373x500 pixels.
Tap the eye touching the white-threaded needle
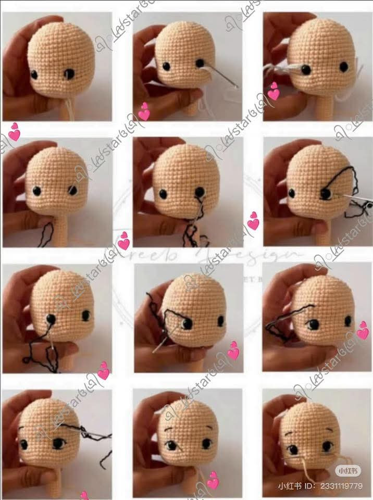200,63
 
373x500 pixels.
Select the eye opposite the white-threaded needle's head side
166,66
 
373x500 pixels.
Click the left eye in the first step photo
34,74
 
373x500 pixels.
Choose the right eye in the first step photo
69,74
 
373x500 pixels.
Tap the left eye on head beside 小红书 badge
294,449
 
